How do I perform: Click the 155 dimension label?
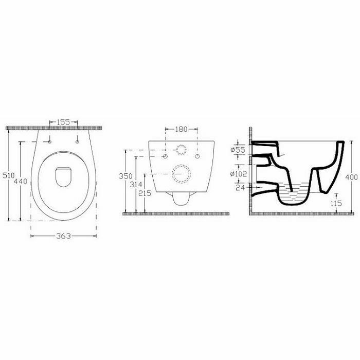coord(63,122)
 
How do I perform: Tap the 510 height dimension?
coord(9,176)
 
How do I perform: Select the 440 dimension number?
coord(21,182)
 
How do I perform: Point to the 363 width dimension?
coord(63,236)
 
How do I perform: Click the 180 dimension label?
coord(182,129)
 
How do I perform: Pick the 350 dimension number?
coord(125,176)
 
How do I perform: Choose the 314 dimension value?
coord(136,184)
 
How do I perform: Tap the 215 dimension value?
coord(145,193)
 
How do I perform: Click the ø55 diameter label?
coord(238,150)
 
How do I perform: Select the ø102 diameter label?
coord(239,174)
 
